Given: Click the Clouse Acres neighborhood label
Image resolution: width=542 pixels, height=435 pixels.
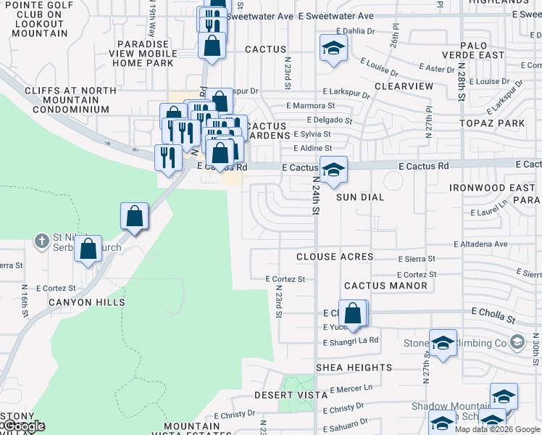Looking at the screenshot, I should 335,257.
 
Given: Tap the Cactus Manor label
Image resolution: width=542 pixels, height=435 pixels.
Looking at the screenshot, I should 385,286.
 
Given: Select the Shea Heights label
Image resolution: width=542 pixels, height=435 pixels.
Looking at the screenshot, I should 354,368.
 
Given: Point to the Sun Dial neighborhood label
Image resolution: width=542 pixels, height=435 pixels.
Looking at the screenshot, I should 360,197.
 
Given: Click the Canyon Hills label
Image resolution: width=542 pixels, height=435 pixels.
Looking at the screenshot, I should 86,302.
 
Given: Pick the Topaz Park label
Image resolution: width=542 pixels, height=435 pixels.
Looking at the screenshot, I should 496,123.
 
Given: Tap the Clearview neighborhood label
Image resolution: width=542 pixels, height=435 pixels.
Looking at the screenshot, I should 404,86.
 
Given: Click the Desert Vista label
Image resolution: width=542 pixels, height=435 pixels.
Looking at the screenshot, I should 286,396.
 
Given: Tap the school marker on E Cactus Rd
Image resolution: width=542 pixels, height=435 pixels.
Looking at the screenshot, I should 333,170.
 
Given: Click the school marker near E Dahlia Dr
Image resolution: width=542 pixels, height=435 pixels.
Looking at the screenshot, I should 333,48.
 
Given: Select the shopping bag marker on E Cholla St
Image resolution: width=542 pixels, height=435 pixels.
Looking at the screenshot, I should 353,313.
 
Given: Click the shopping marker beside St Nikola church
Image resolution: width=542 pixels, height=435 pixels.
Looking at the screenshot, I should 88,249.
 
